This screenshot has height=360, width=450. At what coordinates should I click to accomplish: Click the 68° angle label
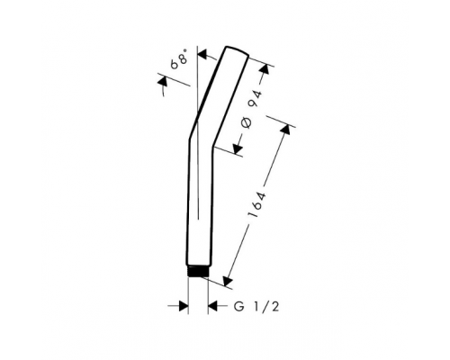179,59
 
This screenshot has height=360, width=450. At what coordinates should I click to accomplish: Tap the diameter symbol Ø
247,123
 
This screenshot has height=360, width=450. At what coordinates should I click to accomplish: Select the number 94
256,98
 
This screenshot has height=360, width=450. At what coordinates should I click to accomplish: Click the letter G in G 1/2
238,307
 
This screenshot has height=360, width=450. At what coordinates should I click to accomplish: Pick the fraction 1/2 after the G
266,307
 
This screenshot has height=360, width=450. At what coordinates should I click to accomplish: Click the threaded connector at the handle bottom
198,271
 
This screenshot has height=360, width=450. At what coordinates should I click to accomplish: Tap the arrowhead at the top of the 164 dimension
285,130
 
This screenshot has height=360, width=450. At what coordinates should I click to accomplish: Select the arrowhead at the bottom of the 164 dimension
228,280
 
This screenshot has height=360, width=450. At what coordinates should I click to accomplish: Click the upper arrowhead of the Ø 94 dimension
265,70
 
